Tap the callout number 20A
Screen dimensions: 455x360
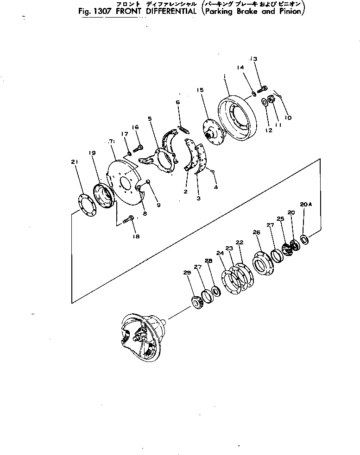pyautogui.click(x=304, y=205)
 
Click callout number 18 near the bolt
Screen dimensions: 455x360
pyautogui.click(x=136, y=237)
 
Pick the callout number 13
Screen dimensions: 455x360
pyautogui.click(x=253, y=59)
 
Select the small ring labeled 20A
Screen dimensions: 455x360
pyautogui.click(x=304, y=239)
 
